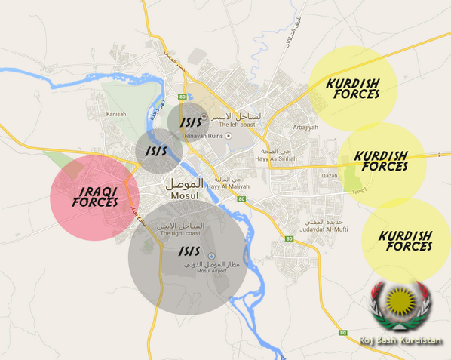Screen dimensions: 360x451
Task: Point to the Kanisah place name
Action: point(115,114)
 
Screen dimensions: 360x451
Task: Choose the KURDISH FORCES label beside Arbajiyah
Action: point(353,88)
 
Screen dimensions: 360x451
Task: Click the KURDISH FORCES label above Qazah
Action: point(381,161)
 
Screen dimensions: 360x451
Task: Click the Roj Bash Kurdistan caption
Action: point(401,340)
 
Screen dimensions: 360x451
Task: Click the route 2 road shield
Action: point(437,155)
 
